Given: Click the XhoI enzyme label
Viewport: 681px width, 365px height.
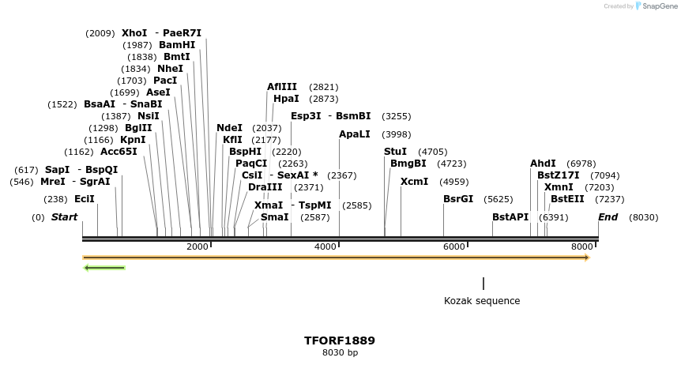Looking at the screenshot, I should click(134, 33).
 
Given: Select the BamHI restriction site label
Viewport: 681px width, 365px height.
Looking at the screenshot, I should click(177, 45).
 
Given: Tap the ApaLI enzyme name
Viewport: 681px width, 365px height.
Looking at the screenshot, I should click(354, 134).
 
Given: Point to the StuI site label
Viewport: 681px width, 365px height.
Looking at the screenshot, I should click(395, 152).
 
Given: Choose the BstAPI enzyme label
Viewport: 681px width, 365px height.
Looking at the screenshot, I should click(510, 216).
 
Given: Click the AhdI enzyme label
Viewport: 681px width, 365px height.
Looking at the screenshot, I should click(543, 164).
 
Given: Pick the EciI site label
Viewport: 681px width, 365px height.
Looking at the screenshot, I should click(85, 199).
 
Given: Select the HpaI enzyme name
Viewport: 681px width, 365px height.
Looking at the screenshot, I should click(286, 99).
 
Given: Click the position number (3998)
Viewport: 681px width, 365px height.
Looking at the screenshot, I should click(397, 134).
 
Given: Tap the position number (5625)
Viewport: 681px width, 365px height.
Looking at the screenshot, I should click(499, 199).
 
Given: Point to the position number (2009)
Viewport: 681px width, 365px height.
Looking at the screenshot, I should click(100, 33).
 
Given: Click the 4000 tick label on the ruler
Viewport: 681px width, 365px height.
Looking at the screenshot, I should click(325, 247).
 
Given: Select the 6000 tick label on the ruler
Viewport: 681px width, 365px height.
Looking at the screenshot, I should click(453, 247).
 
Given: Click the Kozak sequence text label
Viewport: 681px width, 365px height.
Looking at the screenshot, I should click(482, 301).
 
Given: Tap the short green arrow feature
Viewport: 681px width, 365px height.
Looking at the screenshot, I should click(104, 268).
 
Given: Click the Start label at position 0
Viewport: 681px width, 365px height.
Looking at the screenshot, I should click(65, 216).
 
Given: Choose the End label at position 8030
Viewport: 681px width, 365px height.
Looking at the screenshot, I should click(608, 216).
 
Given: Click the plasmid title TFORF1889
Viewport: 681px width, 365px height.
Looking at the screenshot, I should click(340, 341).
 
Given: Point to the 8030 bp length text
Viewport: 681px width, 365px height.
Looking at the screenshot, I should click(340, 353).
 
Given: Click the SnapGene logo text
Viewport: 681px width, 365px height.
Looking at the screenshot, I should click(659, 6).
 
